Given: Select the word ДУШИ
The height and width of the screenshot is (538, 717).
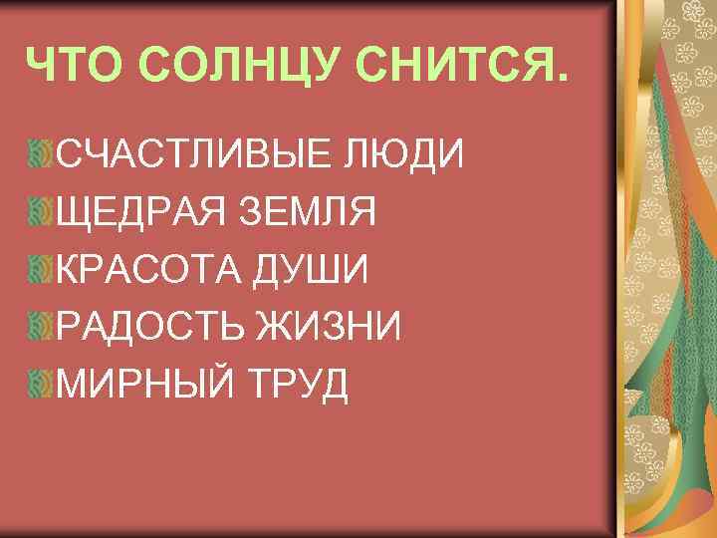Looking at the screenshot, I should [x=321, y=269].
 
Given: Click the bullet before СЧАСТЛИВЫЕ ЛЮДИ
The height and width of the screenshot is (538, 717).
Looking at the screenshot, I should [x=42, y=154].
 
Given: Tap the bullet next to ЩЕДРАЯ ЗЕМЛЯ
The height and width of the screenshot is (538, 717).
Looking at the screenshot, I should [x=42, y=211].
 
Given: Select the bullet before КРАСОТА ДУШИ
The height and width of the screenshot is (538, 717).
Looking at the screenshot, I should [x=42, y=268].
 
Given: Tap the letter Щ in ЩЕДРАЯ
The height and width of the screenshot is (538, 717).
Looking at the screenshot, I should [x=74, y=212].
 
